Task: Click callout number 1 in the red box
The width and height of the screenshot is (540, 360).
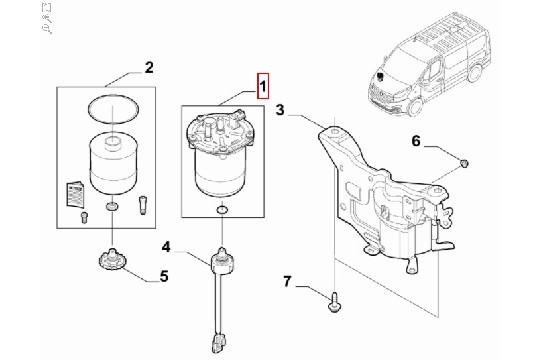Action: pyautogui.click(x=262, y=86)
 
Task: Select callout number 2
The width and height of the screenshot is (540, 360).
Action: pyautogui.click(x=149, y=68)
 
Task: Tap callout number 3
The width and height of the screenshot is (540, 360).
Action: pyautogui.click(x=280, y=110)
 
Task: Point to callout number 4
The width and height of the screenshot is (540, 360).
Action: pyautogui.click(x=166, y=247)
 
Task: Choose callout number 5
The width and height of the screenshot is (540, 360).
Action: pyautogui.click(x=164, y=276)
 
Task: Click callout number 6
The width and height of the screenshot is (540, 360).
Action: pyautogui.click(x=416, y=141)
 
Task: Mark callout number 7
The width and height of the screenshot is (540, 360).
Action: pyautogui.click(x=287, y=281)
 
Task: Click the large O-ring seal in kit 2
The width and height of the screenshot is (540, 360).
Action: pyautogui.click(x=114, y=109)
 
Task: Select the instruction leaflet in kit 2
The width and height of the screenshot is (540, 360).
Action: pyautogui.click(x=75, y=194)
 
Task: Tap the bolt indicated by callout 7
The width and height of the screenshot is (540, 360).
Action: pyautogui.click(x=334, y=302)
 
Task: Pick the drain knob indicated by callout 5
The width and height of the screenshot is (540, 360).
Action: pyautogui.click(x=112, y=259)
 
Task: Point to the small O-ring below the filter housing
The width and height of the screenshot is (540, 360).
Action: pyautogui.click(x=222, y=209)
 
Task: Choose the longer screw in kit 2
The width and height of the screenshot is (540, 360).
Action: pyautogui.click(x=143, y=206)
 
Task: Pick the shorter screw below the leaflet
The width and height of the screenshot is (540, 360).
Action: pyautogui.click(x=84, y=217)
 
